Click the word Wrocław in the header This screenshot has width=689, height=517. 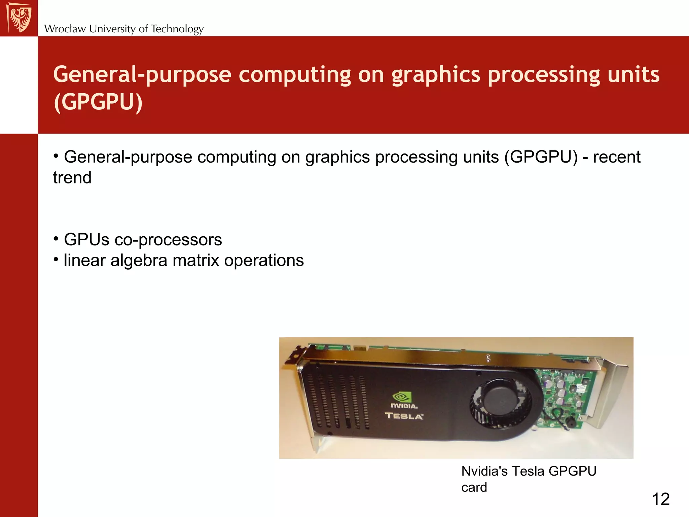65,29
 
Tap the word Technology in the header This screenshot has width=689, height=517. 177,29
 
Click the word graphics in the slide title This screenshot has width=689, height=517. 436,75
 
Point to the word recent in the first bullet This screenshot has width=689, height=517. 617,157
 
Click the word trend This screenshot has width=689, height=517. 72,178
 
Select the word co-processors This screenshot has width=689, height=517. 168,240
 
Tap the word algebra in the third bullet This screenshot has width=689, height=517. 139,261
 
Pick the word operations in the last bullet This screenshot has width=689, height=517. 264,261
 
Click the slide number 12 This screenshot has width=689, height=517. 661,499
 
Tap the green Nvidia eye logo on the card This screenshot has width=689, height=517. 402,397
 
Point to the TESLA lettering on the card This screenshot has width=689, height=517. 404,416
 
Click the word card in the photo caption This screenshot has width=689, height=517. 474,487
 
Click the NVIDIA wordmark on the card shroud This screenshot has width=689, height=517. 404,406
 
